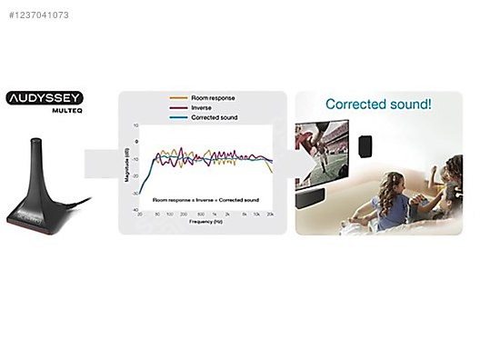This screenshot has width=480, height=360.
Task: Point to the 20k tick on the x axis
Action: tap(270, 214)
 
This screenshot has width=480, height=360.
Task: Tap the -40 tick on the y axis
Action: tap(135, 209)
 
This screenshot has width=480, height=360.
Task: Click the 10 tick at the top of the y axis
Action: tap(135, 125)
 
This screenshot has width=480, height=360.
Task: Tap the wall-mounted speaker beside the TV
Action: tap(365, 145)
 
